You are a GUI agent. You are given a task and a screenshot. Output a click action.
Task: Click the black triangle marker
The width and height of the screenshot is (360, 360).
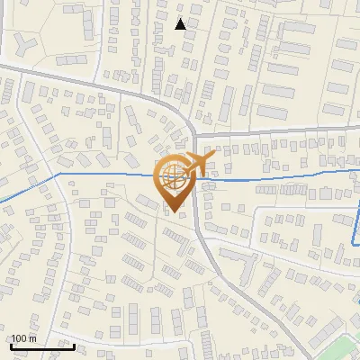point(181,24)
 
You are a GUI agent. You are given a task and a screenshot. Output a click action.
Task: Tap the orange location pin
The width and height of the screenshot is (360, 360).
point(174,184)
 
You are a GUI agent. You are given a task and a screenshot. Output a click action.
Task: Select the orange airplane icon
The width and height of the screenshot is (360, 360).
point(193,164)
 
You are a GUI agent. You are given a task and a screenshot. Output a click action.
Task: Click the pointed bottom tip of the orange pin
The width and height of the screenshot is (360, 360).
point(174,211)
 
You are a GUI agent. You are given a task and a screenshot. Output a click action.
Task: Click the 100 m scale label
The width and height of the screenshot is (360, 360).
point(24,338)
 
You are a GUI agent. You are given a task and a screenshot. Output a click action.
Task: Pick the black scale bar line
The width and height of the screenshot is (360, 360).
point(42,346)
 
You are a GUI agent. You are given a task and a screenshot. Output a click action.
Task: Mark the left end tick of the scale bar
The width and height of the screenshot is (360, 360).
point(10,345)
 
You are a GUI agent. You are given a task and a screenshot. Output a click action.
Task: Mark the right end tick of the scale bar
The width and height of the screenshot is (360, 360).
point(75,345)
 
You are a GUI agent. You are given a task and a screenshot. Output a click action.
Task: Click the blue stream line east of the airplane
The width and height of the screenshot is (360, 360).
point(270,178)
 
